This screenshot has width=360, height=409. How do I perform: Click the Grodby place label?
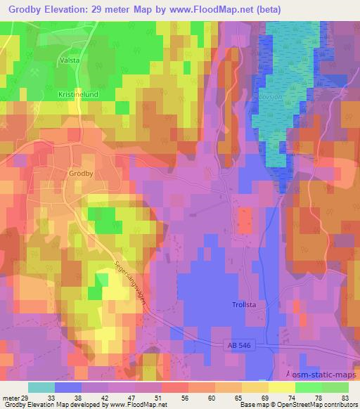coord(82,172)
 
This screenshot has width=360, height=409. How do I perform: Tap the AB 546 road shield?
coord(240,345)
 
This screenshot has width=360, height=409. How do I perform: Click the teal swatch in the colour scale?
coord(41,388)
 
